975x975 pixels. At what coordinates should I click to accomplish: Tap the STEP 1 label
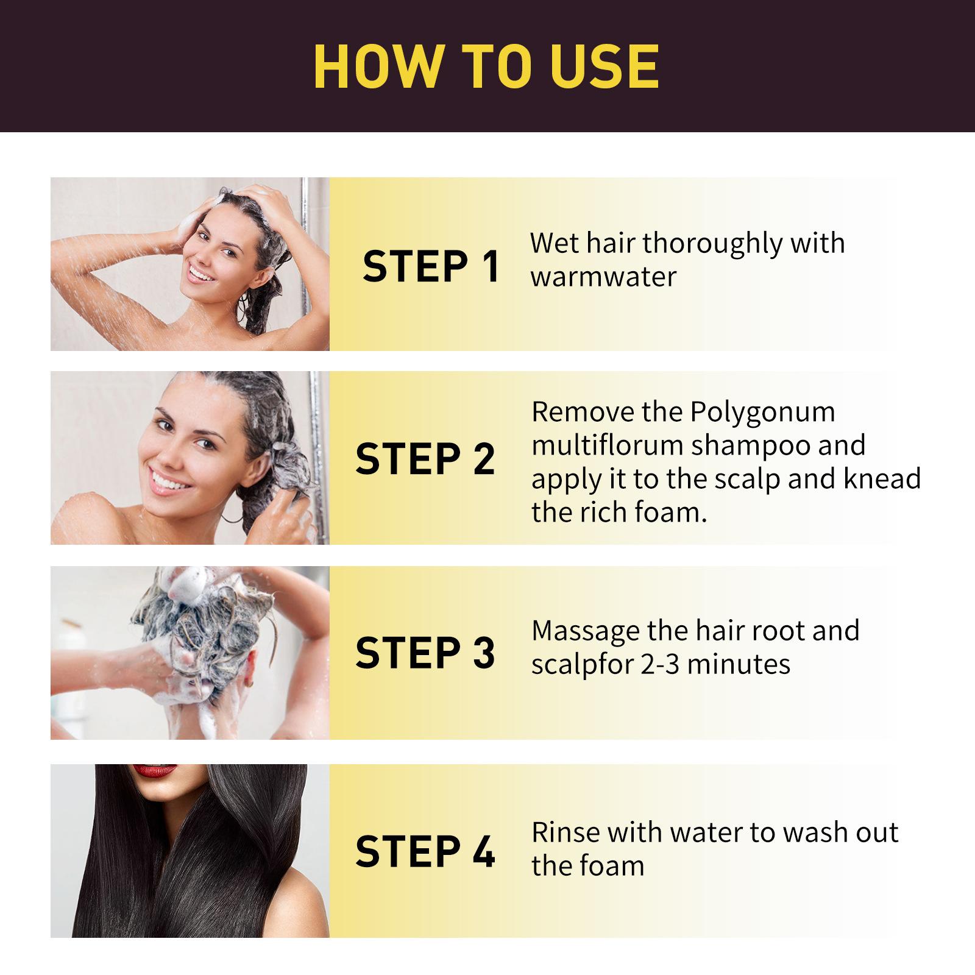point(431,266)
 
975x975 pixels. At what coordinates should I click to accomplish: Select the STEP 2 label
point(425,459)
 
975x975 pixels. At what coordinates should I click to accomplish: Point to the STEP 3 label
point(425,653)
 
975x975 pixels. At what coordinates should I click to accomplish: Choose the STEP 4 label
point(425,851)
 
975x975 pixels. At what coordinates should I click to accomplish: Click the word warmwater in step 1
point(603,277)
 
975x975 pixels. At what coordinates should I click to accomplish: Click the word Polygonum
point(762,412)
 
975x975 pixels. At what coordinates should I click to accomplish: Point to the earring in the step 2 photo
point(230,519)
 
